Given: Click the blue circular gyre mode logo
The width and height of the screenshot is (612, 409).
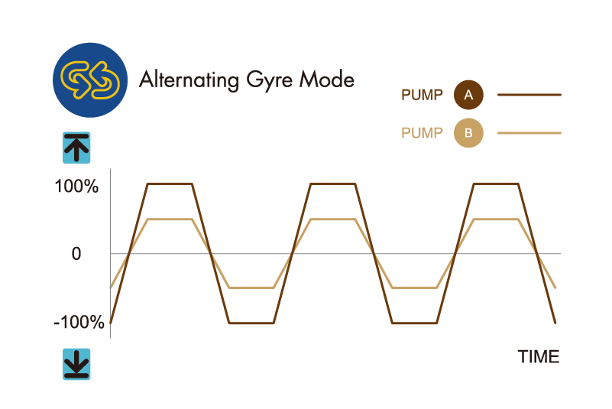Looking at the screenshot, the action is click(90, 80).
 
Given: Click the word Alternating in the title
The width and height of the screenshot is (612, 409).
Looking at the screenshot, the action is click(189, 80).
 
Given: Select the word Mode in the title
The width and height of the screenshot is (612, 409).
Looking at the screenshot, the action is click(327, 80).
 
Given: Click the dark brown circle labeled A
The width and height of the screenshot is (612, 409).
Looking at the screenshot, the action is click(468, 95).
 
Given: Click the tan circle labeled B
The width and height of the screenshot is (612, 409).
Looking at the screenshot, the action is click(468, 133).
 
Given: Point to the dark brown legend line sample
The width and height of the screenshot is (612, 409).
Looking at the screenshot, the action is click(529, 95).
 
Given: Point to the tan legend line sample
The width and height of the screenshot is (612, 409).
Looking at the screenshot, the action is click(529, 133).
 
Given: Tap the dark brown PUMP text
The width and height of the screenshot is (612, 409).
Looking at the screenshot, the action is click(422, 95).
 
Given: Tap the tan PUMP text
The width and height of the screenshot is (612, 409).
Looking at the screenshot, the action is click(422, 133).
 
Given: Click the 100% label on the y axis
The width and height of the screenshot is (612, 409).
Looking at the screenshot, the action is click(76, 187).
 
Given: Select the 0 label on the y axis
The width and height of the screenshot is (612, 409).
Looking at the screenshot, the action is click(76, 254).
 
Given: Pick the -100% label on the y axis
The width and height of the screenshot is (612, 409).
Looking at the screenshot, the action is click(79, 323).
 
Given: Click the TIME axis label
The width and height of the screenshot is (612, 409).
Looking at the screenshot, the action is click(539, 357).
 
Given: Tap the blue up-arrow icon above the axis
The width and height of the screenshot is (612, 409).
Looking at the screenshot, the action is click(76, 148).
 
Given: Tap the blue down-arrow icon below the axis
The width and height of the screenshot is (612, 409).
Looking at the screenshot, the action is click(76, 364).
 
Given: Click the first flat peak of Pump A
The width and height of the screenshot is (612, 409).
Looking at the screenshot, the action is click(170, 183).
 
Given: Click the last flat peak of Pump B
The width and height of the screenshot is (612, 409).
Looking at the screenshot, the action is click(496, 219).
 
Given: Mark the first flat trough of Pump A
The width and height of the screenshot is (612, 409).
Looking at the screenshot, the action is click(251, 323).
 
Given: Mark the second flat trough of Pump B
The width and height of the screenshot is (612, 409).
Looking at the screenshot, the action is click(414, 288).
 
